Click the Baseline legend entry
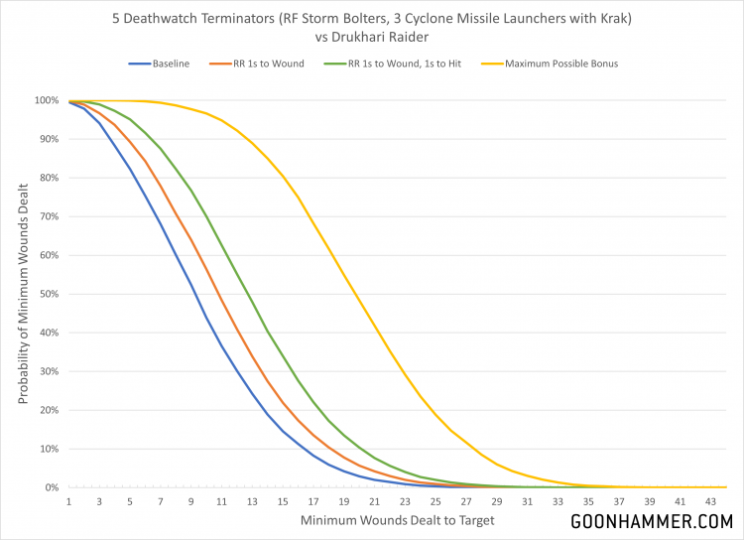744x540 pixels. click(x=171, y=65)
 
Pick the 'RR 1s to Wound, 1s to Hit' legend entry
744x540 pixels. click(x=397, y=65)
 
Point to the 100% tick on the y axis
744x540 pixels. click(x=48, y=100)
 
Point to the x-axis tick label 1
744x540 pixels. click(x=70, y=501)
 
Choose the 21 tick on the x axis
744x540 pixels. click(x=374, y=501)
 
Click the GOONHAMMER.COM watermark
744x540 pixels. click(x=650, y=520)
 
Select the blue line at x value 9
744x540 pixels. click(x=191, y=288)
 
